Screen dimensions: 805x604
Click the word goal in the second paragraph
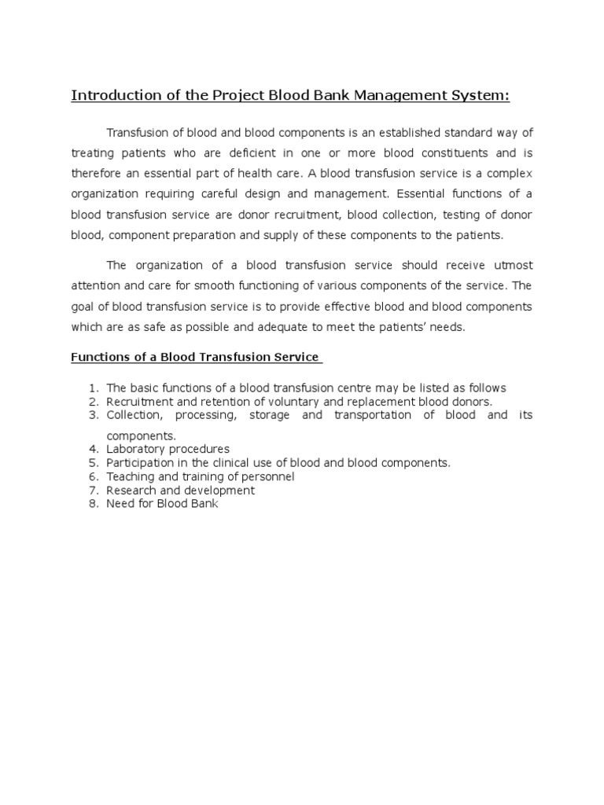point(83,307)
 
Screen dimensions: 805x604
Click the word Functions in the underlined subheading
point(98,357)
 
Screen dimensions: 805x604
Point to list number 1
point(92,388)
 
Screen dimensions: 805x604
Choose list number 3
point(92,415)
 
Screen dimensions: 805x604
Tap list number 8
point(92,504)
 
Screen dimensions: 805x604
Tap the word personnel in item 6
point(268,476)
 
